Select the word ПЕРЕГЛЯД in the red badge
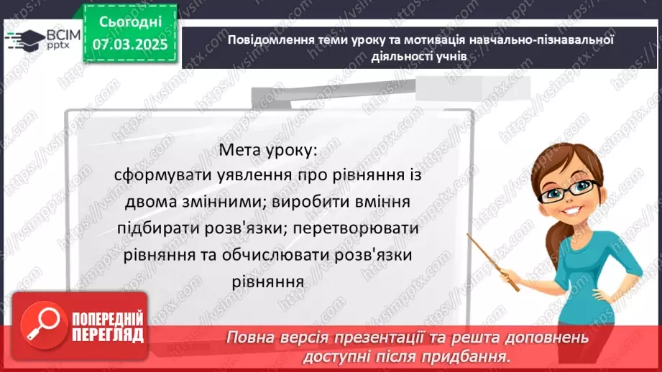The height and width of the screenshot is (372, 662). pos(108,335)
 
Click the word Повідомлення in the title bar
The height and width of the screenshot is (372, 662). pos(264,40)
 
